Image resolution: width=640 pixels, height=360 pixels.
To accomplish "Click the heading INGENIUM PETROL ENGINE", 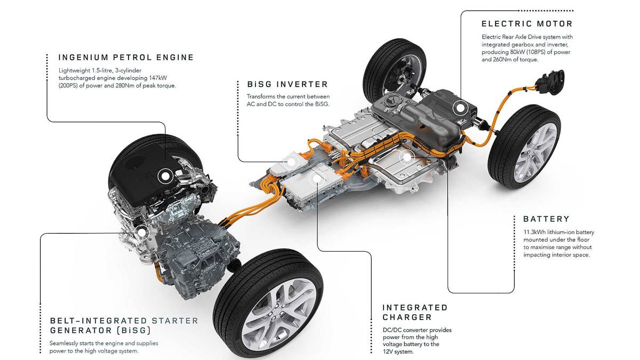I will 126,58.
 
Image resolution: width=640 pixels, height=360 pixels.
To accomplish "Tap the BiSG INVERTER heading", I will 287,84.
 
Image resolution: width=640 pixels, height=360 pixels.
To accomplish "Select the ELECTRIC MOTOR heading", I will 527,24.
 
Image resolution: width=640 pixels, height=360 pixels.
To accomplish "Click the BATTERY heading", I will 546,219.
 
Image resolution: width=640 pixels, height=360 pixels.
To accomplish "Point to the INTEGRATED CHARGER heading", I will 415,313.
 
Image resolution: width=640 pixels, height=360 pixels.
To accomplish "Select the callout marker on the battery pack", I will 407,157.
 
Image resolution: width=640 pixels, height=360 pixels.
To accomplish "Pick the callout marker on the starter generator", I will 141,232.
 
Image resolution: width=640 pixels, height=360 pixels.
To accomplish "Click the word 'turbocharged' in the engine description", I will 77,78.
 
